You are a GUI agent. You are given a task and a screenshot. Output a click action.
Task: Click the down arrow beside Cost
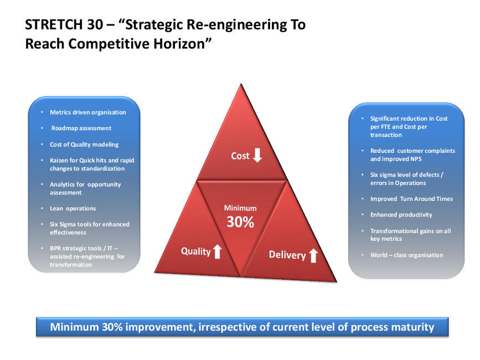[x=257, y=155]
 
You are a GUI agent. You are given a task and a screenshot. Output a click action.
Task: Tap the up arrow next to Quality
[x=218, y=251]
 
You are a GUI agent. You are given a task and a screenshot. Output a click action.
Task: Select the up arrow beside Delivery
[x=313, y=256]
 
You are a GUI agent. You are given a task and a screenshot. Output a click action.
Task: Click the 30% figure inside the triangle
[x=240, y=222]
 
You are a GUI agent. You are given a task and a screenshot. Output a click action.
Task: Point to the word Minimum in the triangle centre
[x=240, y=208]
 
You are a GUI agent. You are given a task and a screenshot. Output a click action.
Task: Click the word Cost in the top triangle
[x=240, y=156]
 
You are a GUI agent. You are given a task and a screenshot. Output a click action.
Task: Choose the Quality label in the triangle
[x=196, y=251]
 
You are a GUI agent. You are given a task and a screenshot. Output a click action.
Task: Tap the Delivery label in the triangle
[x=287, y=255]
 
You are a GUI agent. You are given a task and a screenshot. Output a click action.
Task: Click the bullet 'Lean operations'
[x=73, y=208]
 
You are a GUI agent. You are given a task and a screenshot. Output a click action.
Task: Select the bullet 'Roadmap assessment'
[x=81, y=128]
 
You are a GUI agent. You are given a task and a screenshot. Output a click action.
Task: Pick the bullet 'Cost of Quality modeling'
[x=84, y=145]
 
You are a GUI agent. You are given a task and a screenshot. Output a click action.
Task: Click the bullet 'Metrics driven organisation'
[x=88, y=112]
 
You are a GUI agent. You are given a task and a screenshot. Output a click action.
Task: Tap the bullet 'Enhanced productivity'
[x=401, y=215]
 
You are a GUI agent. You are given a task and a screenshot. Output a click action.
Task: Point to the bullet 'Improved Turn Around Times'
[x=411, y=199]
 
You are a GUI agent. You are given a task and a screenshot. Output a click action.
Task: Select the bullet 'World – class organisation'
[x=406, y=255]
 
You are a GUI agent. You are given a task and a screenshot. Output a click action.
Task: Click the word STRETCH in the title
[x=54, y=24]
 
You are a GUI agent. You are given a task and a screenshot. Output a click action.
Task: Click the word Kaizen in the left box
[x=59, y=161]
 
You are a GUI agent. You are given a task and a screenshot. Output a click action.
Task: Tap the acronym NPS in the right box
[x=416, y=159]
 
